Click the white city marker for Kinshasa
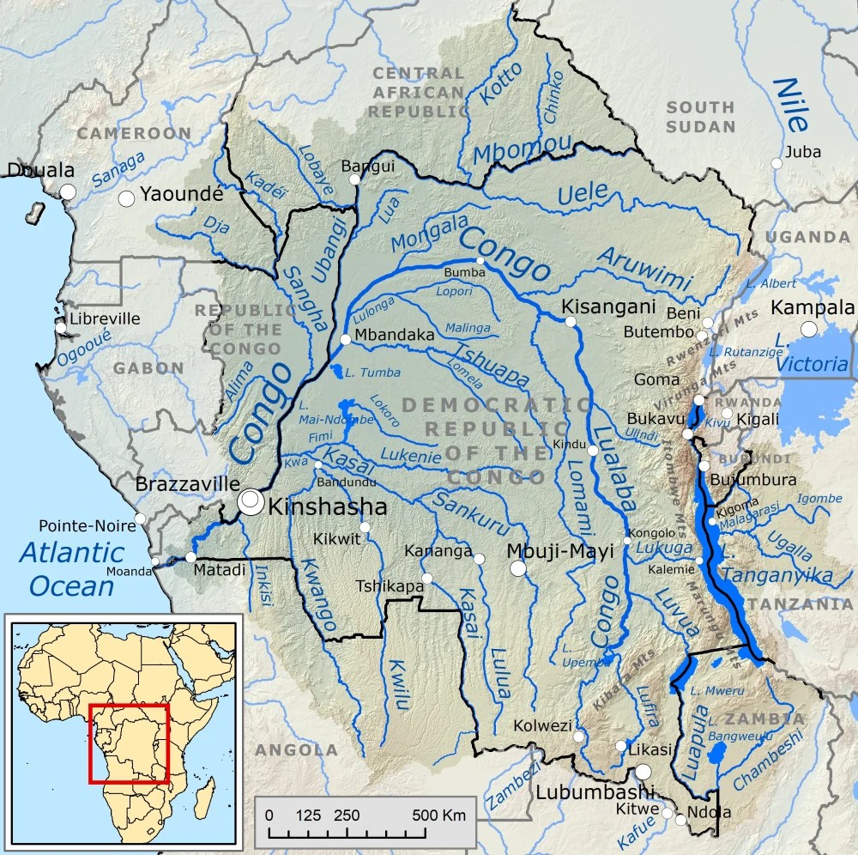click(251, 501)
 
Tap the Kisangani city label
click(607, 306)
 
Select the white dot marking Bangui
click(354, 179)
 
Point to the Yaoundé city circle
click(127, 198)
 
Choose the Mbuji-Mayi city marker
click(517, 568)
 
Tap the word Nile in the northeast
click(790, 105)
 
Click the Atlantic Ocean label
click(72, 568)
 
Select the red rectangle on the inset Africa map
click(129, 743)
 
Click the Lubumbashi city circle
click(643, 772)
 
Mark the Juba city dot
click(776, 163)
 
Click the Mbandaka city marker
click(345, 340)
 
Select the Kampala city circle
click(808, 329)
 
